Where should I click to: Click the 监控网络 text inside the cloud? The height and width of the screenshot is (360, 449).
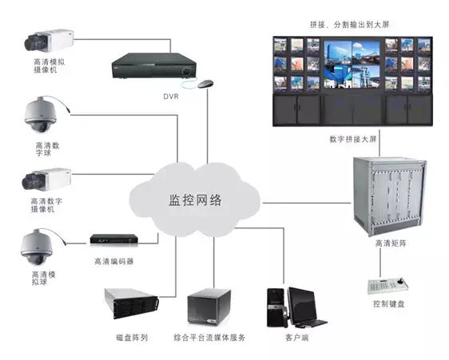coord(194,197)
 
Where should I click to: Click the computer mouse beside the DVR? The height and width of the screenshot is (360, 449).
coord(206,84)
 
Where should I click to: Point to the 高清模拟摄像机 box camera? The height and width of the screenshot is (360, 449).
coord(49,39)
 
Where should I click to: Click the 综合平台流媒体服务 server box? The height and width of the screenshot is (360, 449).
coord(210,307)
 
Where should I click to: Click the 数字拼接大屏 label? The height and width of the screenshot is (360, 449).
coord(351,140)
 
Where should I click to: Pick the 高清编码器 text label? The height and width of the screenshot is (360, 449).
coord(113,260)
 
